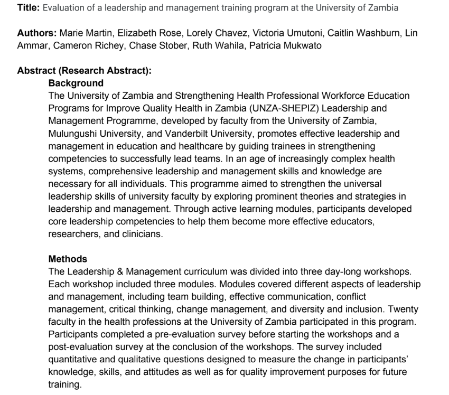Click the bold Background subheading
[76, 83]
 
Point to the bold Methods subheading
[68, 259]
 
